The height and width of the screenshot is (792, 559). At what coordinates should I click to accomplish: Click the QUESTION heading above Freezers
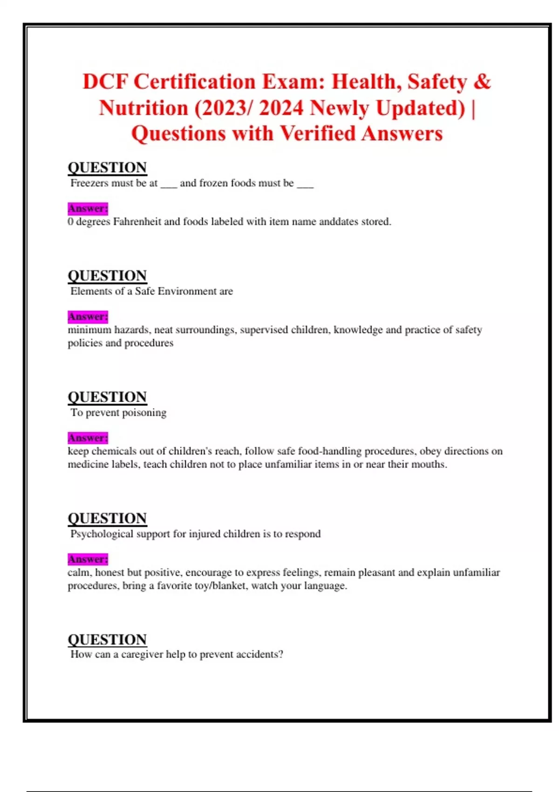(x=107, y=167)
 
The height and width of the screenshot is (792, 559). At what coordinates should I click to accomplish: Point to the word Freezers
(x=89, y=183)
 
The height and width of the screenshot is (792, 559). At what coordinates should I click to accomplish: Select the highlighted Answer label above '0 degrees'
(x=88, y=208)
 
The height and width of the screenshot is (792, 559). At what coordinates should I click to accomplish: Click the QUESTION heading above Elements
(x=107, y=275)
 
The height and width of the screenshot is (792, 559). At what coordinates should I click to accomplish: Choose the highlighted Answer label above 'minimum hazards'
(x=88, y=317)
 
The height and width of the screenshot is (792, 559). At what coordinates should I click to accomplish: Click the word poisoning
(x=144, y=413)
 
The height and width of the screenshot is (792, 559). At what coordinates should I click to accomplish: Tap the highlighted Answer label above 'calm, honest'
(x=88, y=559)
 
